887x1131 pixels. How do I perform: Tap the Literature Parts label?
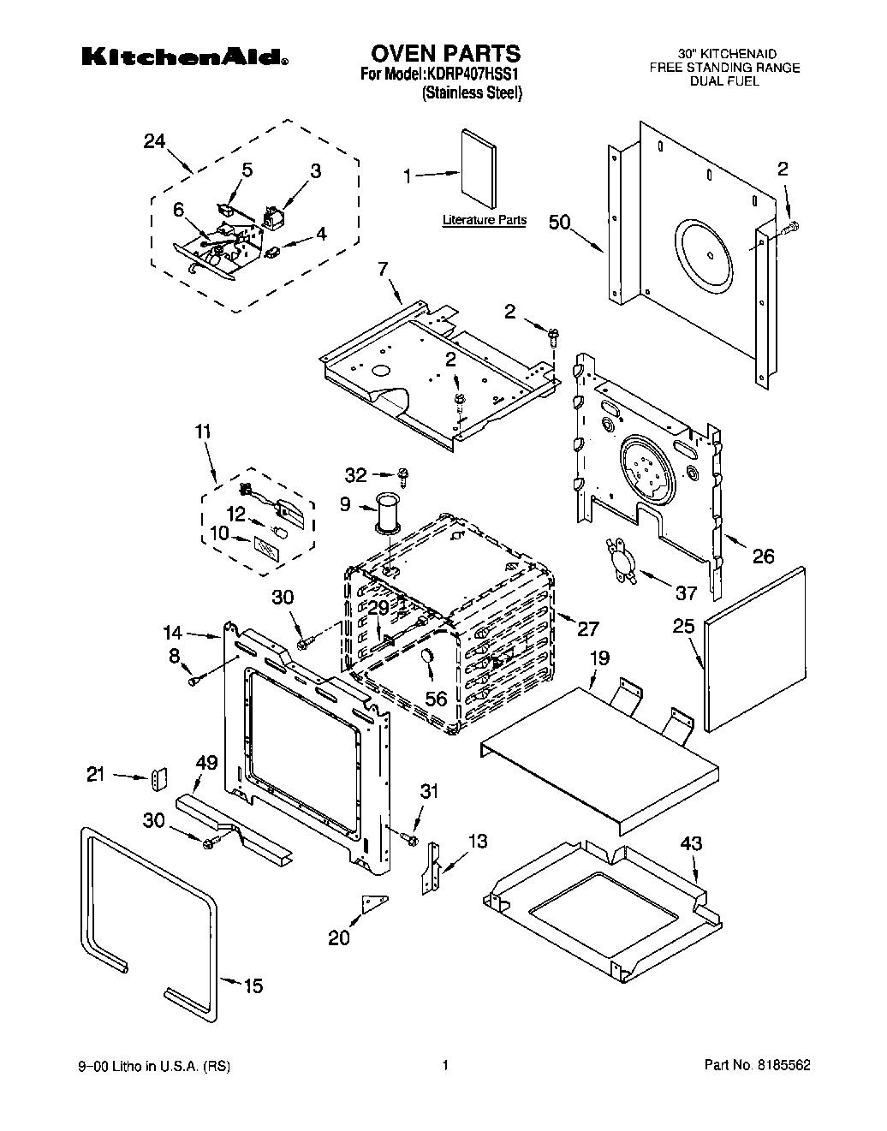[x=484, y=220]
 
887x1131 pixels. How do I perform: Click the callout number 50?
[x=559, y=223]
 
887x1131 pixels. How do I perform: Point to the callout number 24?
[x=154, y=142]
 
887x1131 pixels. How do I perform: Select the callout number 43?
[x=691, y=843]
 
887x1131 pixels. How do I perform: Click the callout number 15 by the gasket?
[x=253, y=985]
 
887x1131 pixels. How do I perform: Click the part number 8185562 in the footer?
[x=783, y=1066]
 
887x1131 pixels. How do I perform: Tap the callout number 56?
[x=436, y=699]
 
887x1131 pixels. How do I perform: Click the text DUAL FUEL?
[x=724, y=80]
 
